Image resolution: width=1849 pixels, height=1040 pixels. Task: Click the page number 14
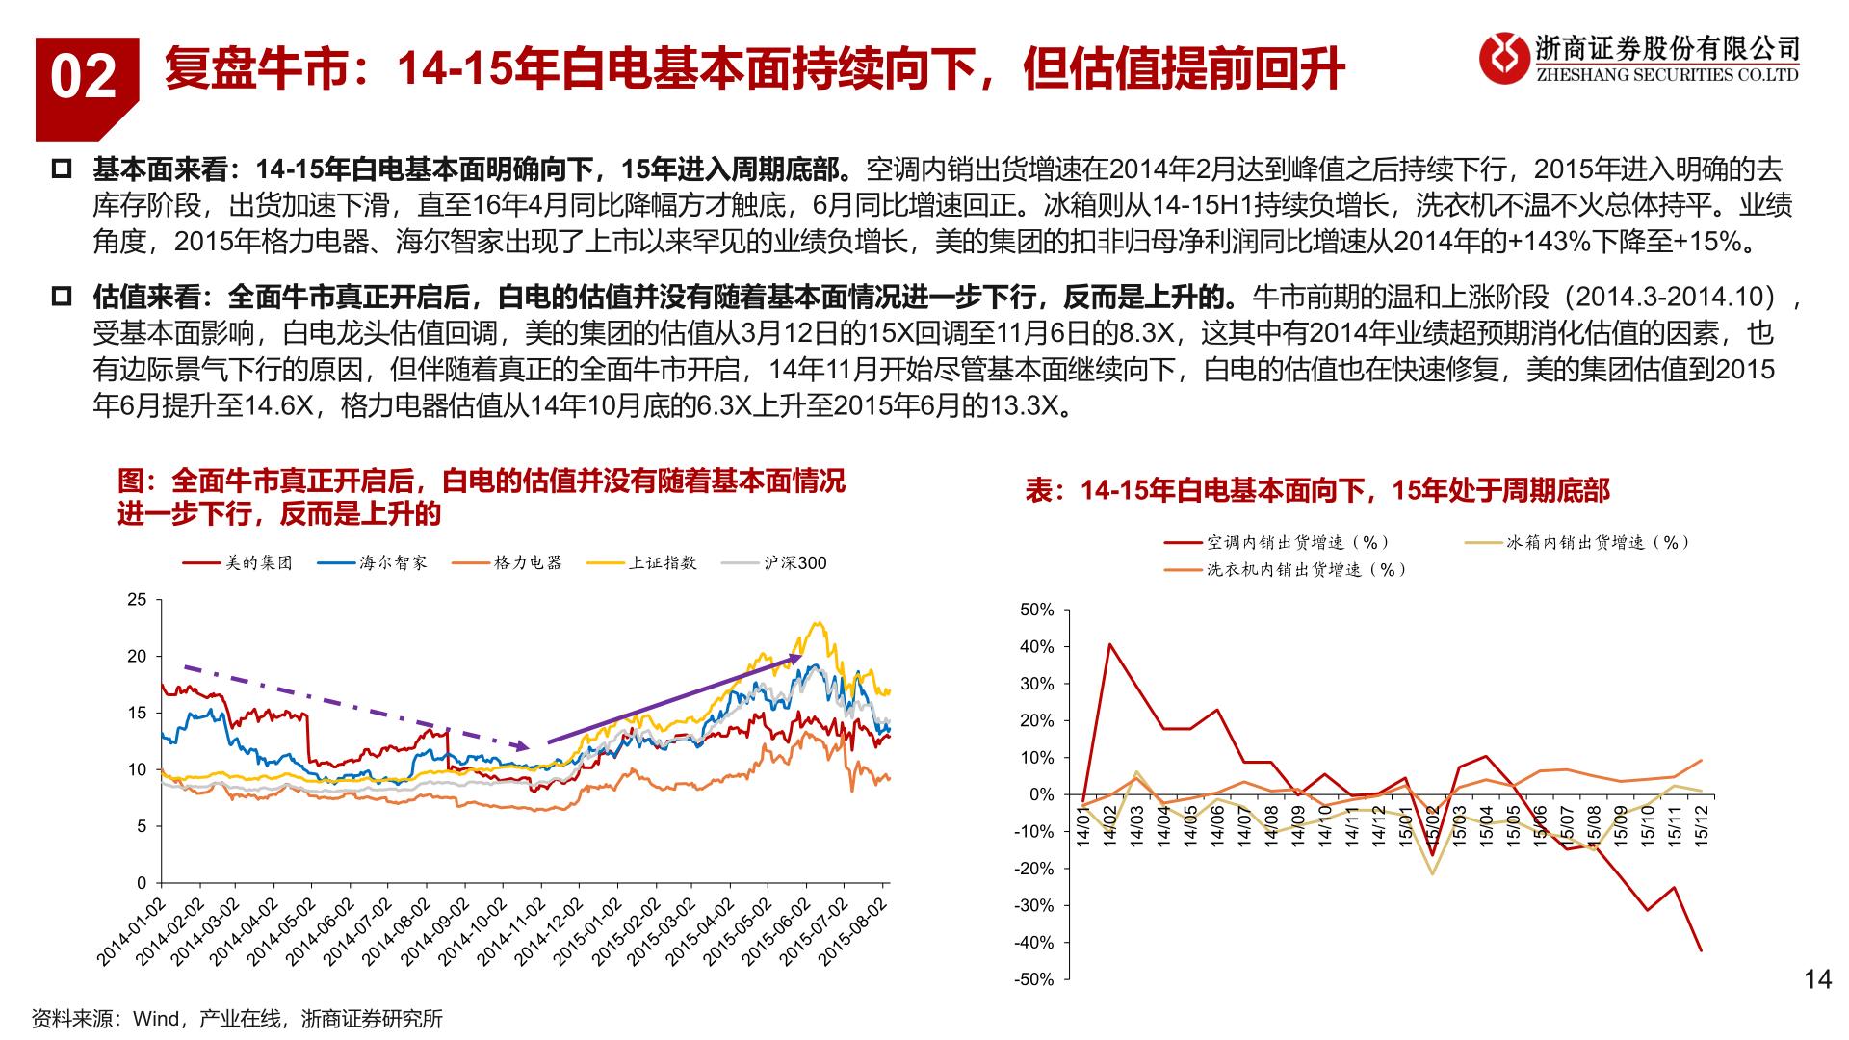(x=1817, y=979)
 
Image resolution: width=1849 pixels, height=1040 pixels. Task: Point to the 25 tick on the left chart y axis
(x=138, y=600)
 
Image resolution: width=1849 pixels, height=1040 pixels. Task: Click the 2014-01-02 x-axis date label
(x=131, y=931)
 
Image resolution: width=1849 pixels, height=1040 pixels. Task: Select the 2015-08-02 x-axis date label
(x=851, y=931)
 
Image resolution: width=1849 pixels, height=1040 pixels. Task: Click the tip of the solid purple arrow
(x=800, y=656)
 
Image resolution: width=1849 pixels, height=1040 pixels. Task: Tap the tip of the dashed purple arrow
(x=528, y=747)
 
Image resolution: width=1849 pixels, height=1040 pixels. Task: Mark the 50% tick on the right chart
(x=1036, y=610)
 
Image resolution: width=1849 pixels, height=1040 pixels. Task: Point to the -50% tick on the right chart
(x=1034, y=979)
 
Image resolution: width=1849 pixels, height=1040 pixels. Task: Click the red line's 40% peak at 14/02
(x=1110, y=644)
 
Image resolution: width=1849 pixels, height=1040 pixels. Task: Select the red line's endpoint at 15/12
(x=1701, y=951)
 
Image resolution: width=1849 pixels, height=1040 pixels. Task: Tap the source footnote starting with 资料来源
(x=237, y=1018)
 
